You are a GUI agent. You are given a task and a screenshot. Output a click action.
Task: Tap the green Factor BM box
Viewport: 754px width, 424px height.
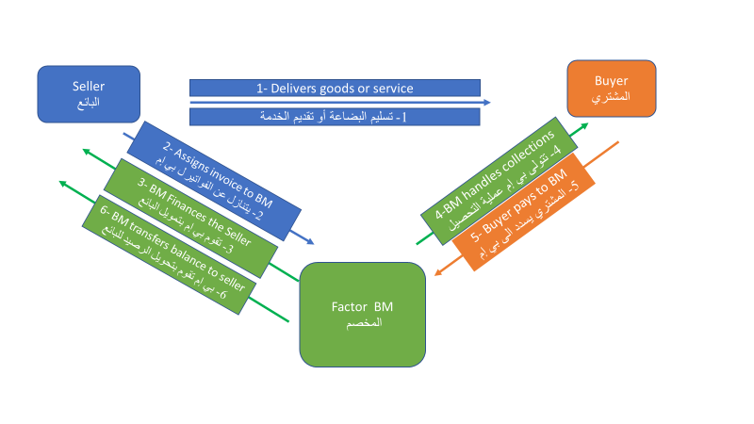tap(362, 314)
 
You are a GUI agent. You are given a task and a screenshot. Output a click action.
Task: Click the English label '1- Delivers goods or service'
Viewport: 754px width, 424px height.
tap(336, 89)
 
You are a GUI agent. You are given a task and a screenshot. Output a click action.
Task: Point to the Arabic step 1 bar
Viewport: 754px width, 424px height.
tap(336, 117)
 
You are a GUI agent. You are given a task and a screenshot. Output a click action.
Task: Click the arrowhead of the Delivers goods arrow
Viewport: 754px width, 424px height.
tap(486, 102)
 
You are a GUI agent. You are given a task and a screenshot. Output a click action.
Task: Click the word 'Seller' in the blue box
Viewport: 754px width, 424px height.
tap(89, 87)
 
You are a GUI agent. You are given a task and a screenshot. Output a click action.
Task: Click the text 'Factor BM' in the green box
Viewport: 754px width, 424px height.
tap(362, 307)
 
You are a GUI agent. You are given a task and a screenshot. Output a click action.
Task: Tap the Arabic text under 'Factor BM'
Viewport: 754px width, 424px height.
tap(362, 322)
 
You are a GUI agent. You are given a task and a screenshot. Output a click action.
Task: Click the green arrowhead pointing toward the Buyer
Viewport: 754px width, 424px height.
tap(585, 124)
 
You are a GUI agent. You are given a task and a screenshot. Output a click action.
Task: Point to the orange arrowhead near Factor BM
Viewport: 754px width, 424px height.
tap(439, 273)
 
